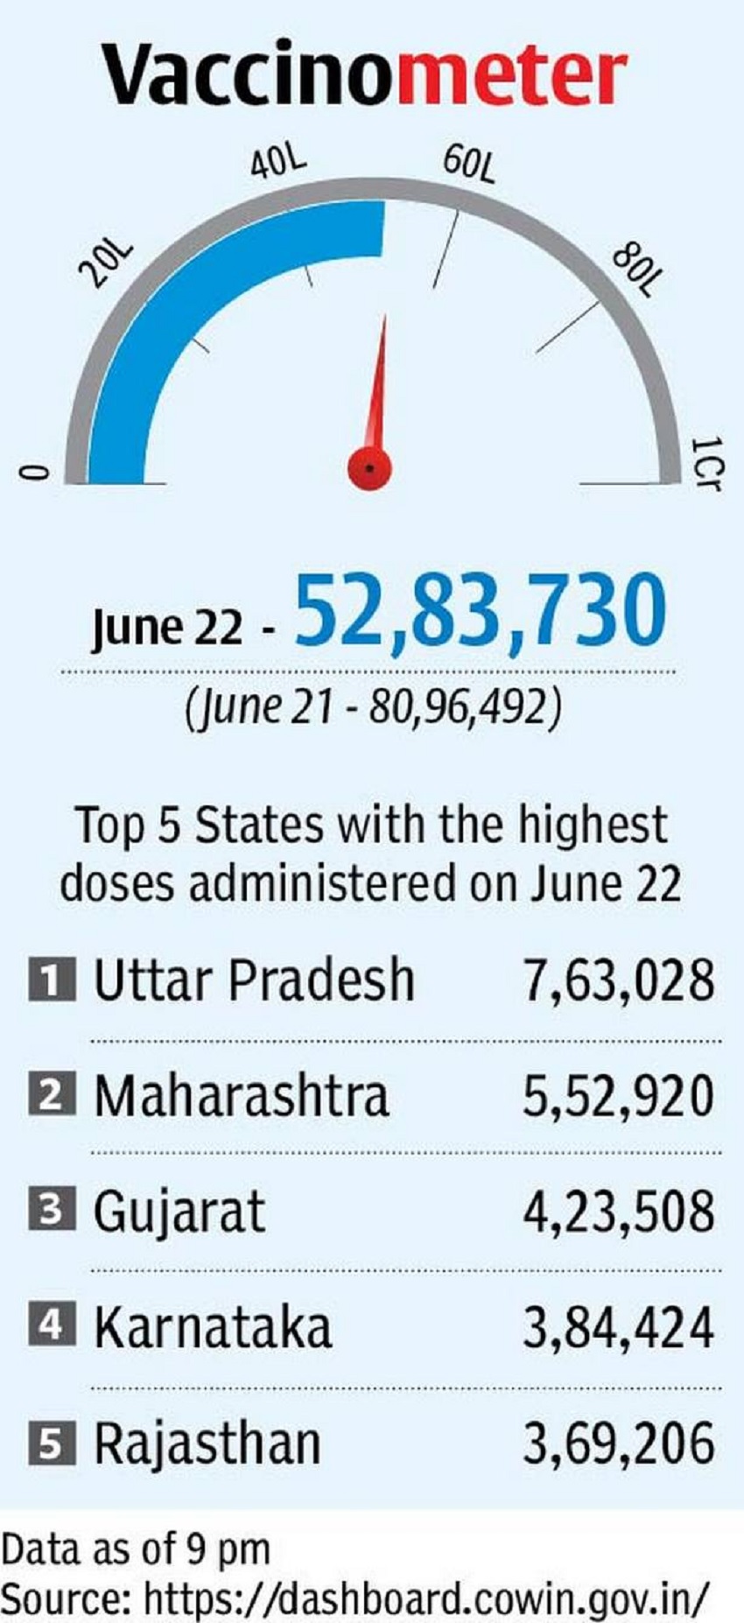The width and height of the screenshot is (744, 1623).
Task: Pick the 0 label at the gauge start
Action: pyautogui.click(x=32, y=473)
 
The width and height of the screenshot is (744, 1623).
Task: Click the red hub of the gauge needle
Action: pyautogui.click(x=369, y=467)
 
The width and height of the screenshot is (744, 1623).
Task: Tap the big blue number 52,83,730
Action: pyautogui.click(x=481, y=611)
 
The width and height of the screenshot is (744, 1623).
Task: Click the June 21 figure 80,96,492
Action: pyautogui.click(x=465, y=706)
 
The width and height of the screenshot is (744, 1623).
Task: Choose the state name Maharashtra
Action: pyautogui.click(x=241, y=1095)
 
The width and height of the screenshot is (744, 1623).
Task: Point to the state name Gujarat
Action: pyautogui.click(x=179, y=1212)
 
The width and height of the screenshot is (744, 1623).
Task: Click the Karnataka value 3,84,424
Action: pyautogui.click(x=619, y=1327)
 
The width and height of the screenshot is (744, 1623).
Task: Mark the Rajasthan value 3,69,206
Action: pyautogui.click(x=619, y=1444)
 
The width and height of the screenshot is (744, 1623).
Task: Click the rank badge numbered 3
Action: pyautogui.click(x=51, y=1210)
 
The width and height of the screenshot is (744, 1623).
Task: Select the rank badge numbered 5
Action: pyautogui.click(x=51, y=1443)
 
